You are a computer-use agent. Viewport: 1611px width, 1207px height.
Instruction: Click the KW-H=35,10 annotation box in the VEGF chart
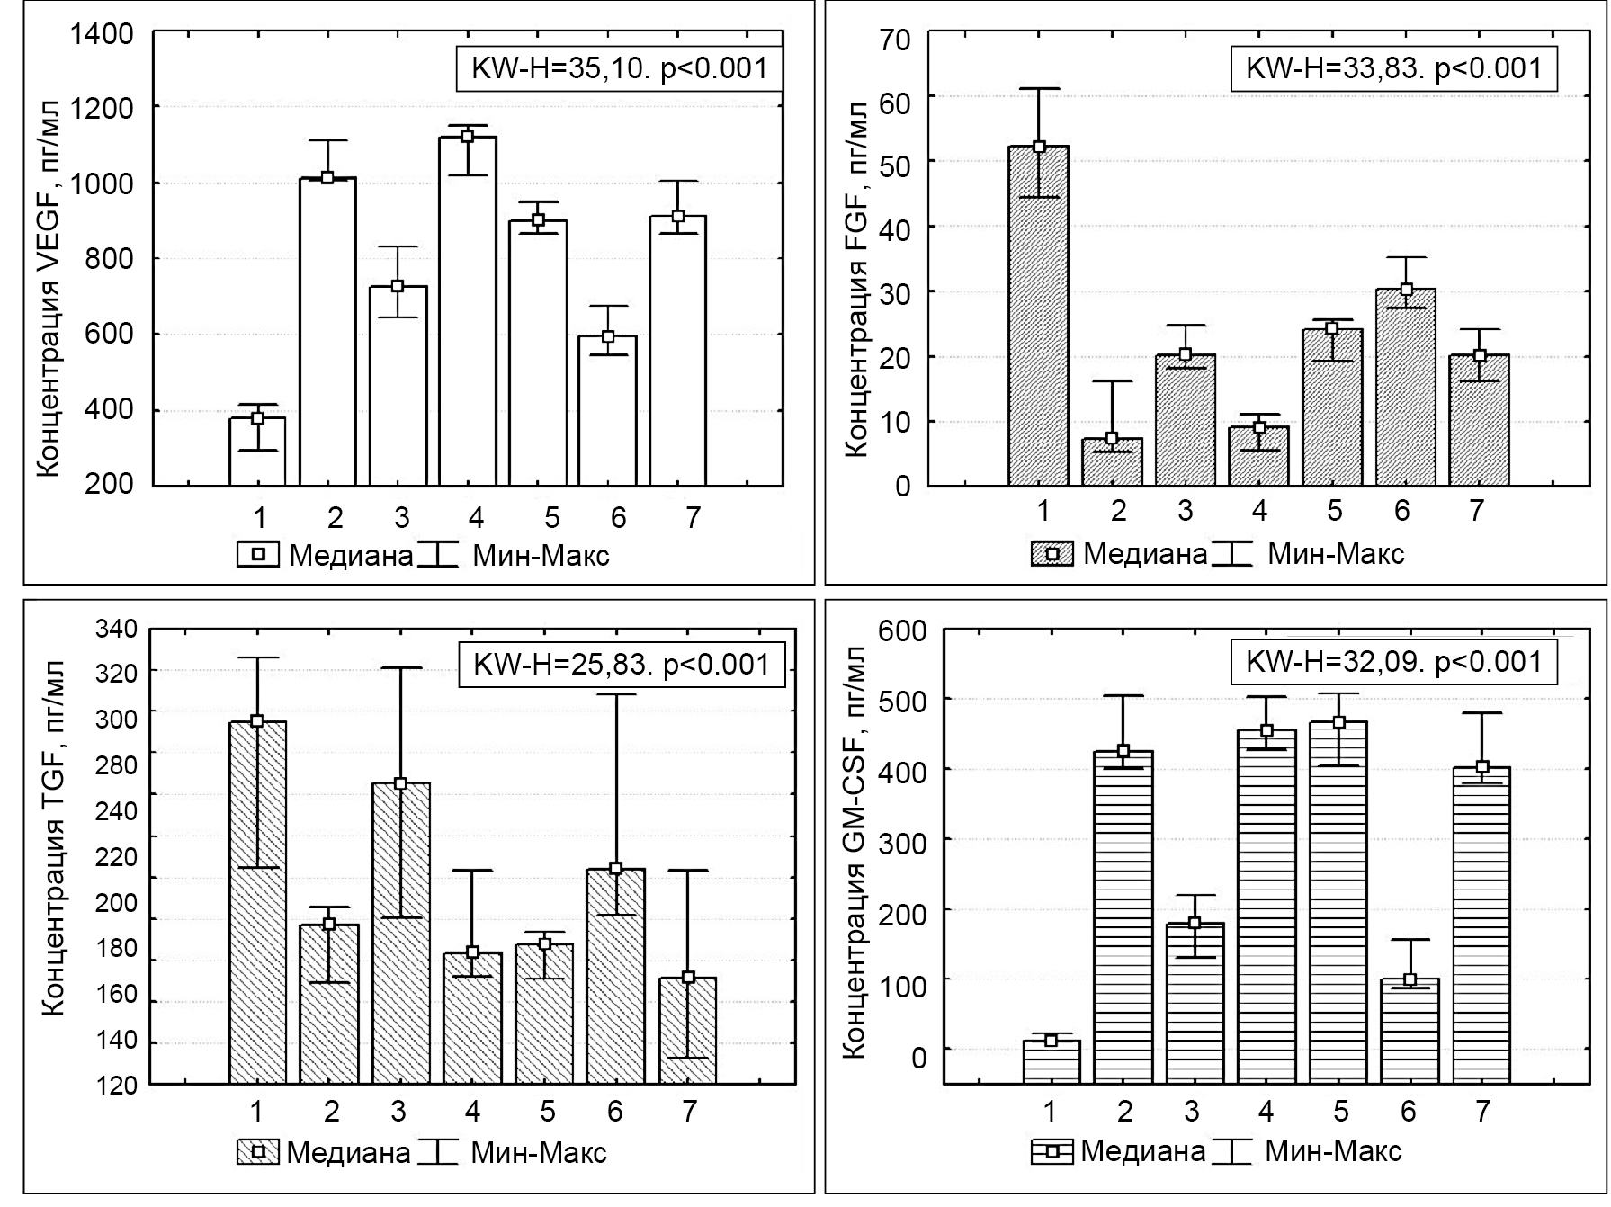pyautogui.click(x=620, y=68)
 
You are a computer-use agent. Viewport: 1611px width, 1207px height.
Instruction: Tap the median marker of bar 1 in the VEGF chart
pyautogui.click(x=257, y=417)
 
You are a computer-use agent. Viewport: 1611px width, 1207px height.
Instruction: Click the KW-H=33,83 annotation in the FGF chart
pyautogui.click(x=1393, y=68)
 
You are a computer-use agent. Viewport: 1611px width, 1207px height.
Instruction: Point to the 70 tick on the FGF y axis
pyautogui.click(x=899, y=40)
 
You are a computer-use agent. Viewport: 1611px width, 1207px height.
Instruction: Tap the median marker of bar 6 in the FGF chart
pyautogui.click(x=1406, y=290)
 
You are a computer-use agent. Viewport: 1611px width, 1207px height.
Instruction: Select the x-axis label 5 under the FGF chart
pyautogui.click(x=1334, y=512)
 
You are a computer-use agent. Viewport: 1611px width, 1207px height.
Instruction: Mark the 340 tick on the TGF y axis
pyautogui.click(x=117, y=629)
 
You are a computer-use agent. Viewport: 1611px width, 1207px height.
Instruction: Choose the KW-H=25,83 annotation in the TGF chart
pyautogui.click(x=622, y=665)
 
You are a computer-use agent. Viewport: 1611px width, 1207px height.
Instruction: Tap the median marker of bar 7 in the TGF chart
pyautogui.click(x=689, y=978)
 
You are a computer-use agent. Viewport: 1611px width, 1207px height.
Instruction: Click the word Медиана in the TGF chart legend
pyautogui.click(x=349, y=1153)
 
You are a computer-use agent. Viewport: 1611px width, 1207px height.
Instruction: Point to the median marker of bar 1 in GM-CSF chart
pyautogui.click(x=1051, y=1041)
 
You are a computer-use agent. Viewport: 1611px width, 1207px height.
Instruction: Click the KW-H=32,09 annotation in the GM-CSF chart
pyautogui.click(x=1393, y=663)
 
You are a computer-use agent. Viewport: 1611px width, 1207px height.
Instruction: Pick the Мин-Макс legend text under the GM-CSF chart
pyautogui.click(x=1333, y=1151)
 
